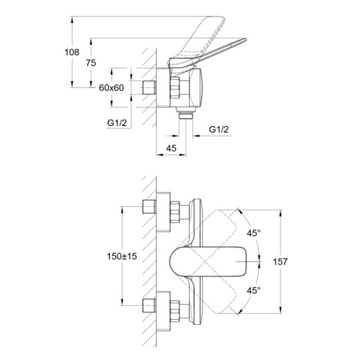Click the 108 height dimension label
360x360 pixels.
[x=72, y=53]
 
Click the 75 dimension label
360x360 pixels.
[x=91, y=63]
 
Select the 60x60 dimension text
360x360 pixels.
[x=111, y=88]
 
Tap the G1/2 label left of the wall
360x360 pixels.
[x=117, y=123]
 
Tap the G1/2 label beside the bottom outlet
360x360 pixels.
[x=219, y=129]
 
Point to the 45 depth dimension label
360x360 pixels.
[x=171, y=148]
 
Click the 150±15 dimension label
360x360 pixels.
[x=122, y=256]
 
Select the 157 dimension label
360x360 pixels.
[x=280, y=262]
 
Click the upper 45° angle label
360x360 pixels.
[x=253, y=233]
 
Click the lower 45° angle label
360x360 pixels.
[x=253, y=291]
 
